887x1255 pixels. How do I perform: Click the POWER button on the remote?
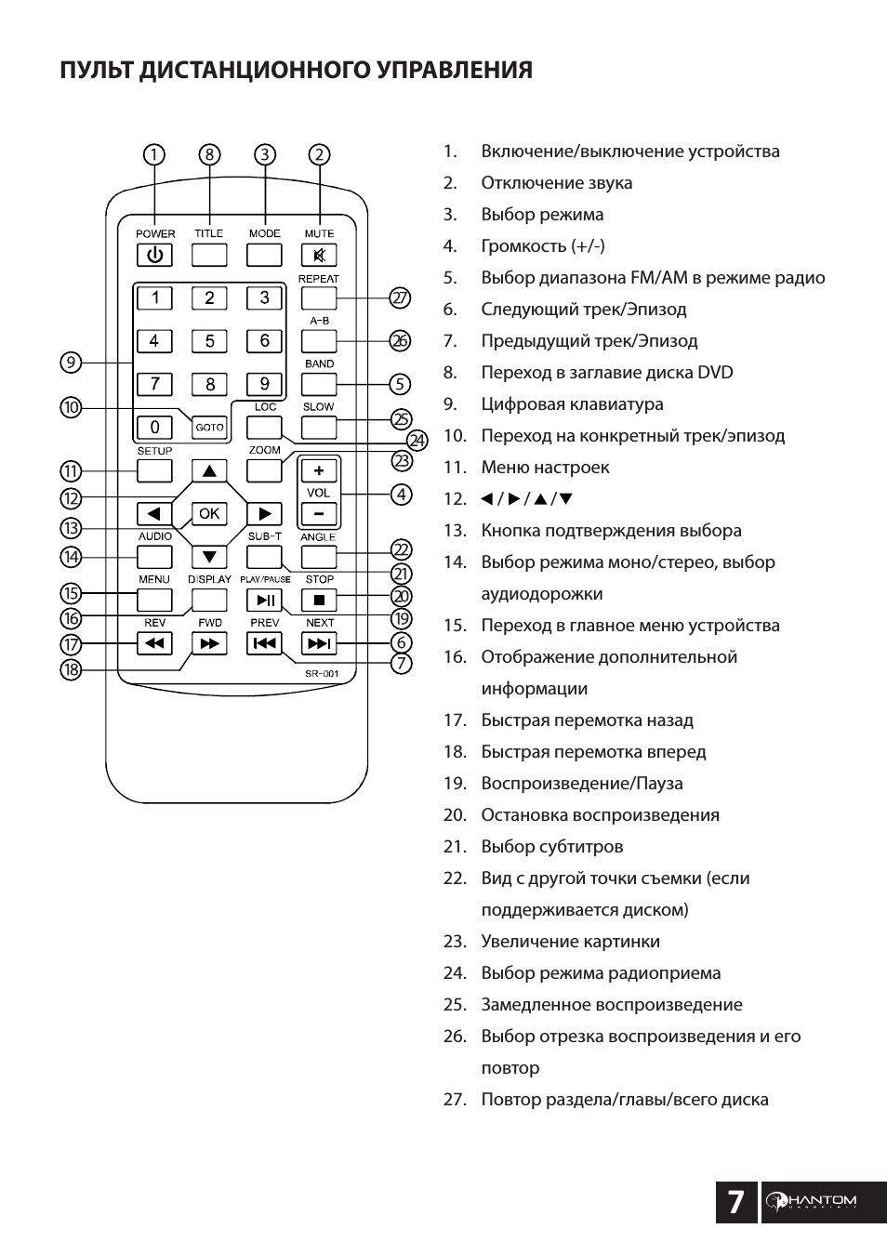[154, 255]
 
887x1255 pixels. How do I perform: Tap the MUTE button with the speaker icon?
[319, 255]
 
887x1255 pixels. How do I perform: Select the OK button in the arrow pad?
[209, 513]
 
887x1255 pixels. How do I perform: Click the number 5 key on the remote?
[209, 341]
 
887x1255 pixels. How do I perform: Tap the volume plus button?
[319, 471]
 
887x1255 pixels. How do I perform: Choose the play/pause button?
[265, 600]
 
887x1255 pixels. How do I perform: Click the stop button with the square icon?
[319, 600]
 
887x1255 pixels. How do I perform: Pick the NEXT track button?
[319, 643]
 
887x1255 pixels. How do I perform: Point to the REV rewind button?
[154, 643]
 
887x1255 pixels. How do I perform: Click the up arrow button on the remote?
[209, 470]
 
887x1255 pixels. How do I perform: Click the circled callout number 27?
[400, 298]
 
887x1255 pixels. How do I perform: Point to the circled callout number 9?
[71, 363]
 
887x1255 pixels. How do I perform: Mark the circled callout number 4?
[401, 495]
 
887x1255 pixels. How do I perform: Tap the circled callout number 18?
[71, 669]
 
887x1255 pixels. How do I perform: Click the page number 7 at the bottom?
[735, 1202]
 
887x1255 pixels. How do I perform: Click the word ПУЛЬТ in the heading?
[97, 71]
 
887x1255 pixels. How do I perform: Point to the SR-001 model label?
[323, 674]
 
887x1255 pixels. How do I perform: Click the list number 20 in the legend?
[454, 815]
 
